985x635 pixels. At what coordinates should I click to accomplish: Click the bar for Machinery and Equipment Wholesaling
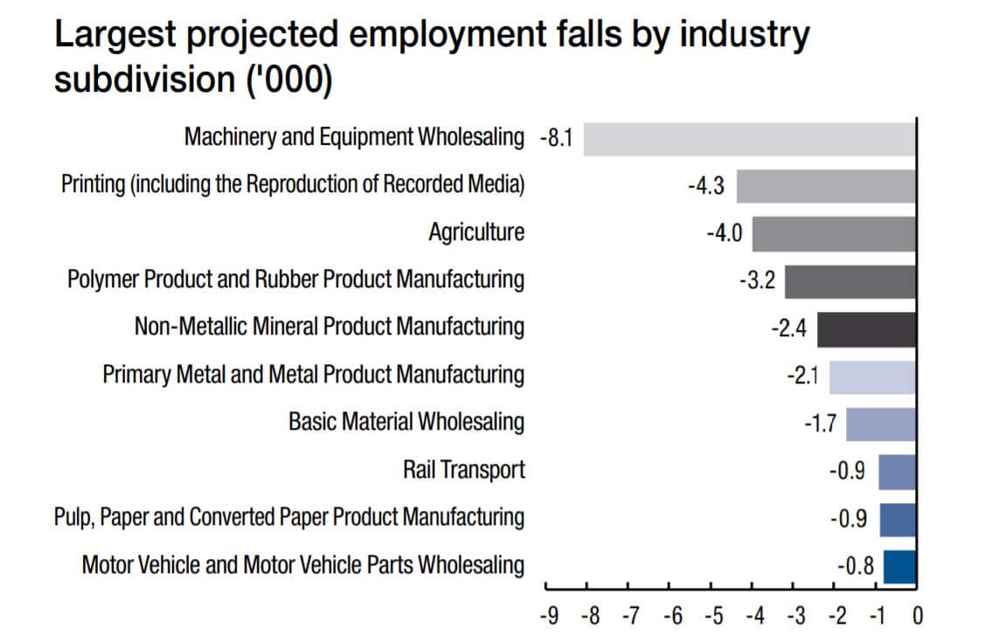(749, 139)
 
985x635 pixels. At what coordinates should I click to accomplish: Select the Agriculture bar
(834, 233)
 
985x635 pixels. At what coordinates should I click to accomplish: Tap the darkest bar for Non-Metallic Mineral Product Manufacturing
(866, 329)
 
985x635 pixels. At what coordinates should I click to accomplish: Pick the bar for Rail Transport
(897, 472)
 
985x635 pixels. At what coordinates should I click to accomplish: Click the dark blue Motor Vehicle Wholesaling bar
(899, 566)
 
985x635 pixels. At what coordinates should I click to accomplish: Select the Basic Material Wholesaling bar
(880, 424)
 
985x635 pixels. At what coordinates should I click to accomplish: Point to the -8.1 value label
(555, 139)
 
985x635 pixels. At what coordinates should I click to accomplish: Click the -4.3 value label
(705, 187)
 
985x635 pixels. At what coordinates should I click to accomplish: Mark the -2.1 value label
(801, 376)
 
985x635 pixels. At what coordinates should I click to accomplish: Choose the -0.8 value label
(855, 566)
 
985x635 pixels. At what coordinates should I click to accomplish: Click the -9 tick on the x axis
(547, 616)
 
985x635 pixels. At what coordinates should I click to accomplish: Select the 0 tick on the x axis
(916, 616)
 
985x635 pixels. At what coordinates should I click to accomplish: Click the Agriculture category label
(476, 232)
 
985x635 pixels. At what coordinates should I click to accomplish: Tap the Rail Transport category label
(463, 470)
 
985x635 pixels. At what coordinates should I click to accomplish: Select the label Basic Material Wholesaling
(406, 423)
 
